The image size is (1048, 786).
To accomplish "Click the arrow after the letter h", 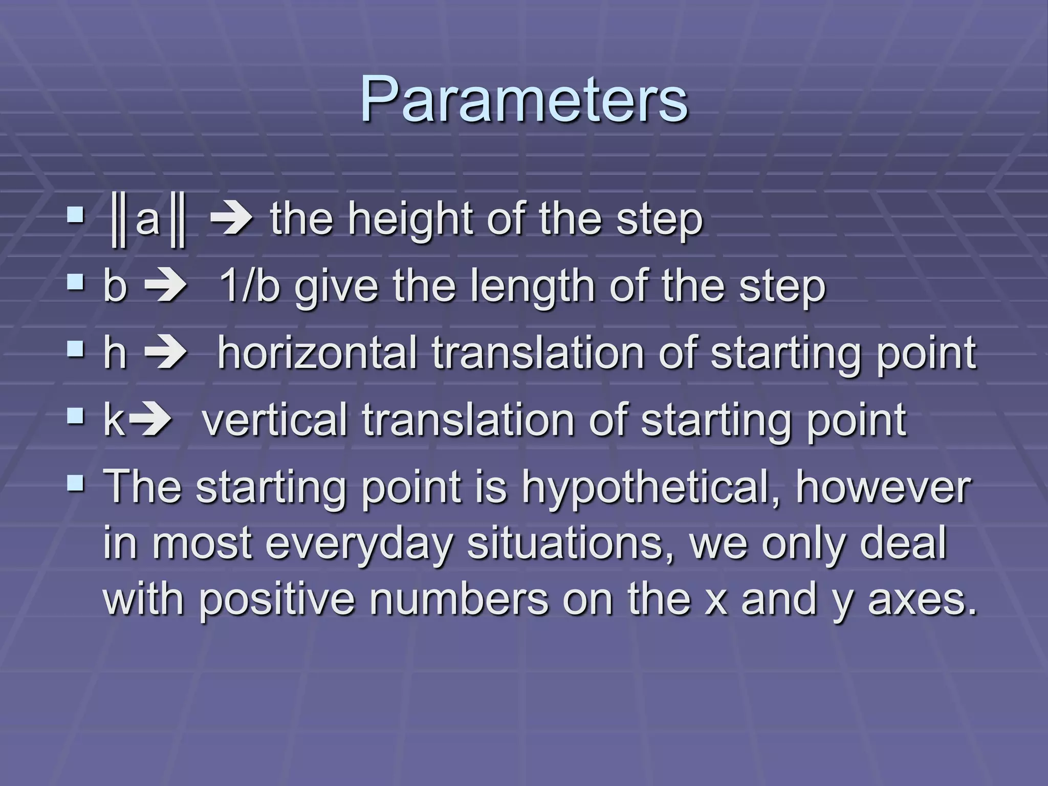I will click(x=166, y=353).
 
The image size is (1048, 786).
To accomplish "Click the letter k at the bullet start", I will click(x=114, y=420).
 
